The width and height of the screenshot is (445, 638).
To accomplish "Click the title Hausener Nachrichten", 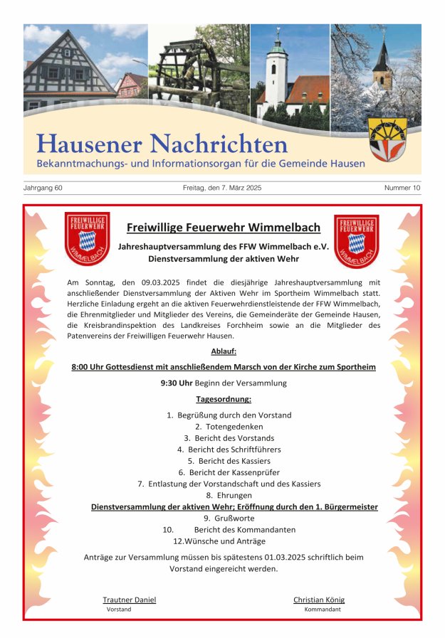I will click(162, 144).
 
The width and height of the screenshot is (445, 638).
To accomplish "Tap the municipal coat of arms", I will click(388, 139).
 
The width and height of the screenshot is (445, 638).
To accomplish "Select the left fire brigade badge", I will click(87, 240).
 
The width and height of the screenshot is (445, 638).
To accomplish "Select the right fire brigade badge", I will click(356, 240).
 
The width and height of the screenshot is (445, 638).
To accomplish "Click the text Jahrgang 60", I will click(43, 188).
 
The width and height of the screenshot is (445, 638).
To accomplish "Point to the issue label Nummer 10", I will click(402, 188).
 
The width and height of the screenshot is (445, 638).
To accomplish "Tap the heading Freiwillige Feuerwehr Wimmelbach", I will click(223, 228).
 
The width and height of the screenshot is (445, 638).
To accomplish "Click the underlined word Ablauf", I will click(224, 351).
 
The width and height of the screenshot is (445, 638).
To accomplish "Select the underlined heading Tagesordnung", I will click(224, 399).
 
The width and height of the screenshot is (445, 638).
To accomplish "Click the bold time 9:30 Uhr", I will click(177, 383).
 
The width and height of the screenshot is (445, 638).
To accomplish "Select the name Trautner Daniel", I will click(129, 600).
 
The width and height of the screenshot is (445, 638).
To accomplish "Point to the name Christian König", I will click(319, 600).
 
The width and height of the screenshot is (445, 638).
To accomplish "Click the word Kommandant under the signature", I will click(323, 610).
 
